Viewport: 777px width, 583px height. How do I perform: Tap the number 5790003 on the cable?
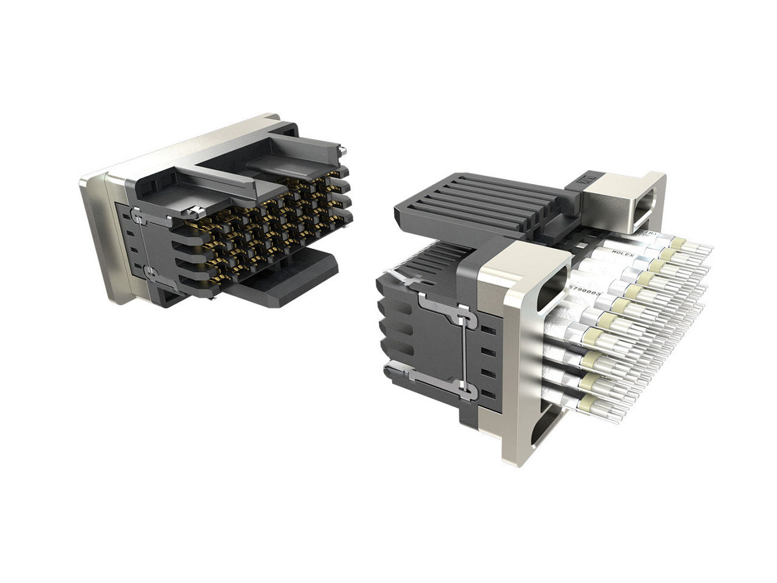585,293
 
